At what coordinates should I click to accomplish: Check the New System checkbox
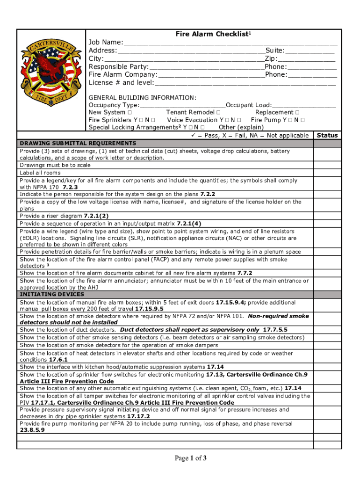click(129, 113)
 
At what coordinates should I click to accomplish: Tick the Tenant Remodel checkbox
click(218, 113)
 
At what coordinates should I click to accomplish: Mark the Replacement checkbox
click(297, 113)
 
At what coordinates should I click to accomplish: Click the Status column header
click(327, 135)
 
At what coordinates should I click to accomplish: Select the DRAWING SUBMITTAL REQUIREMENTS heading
click(78, 143)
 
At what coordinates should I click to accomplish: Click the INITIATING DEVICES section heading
click(52, 294)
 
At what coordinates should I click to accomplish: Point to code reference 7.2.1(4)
click(190, 224)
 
